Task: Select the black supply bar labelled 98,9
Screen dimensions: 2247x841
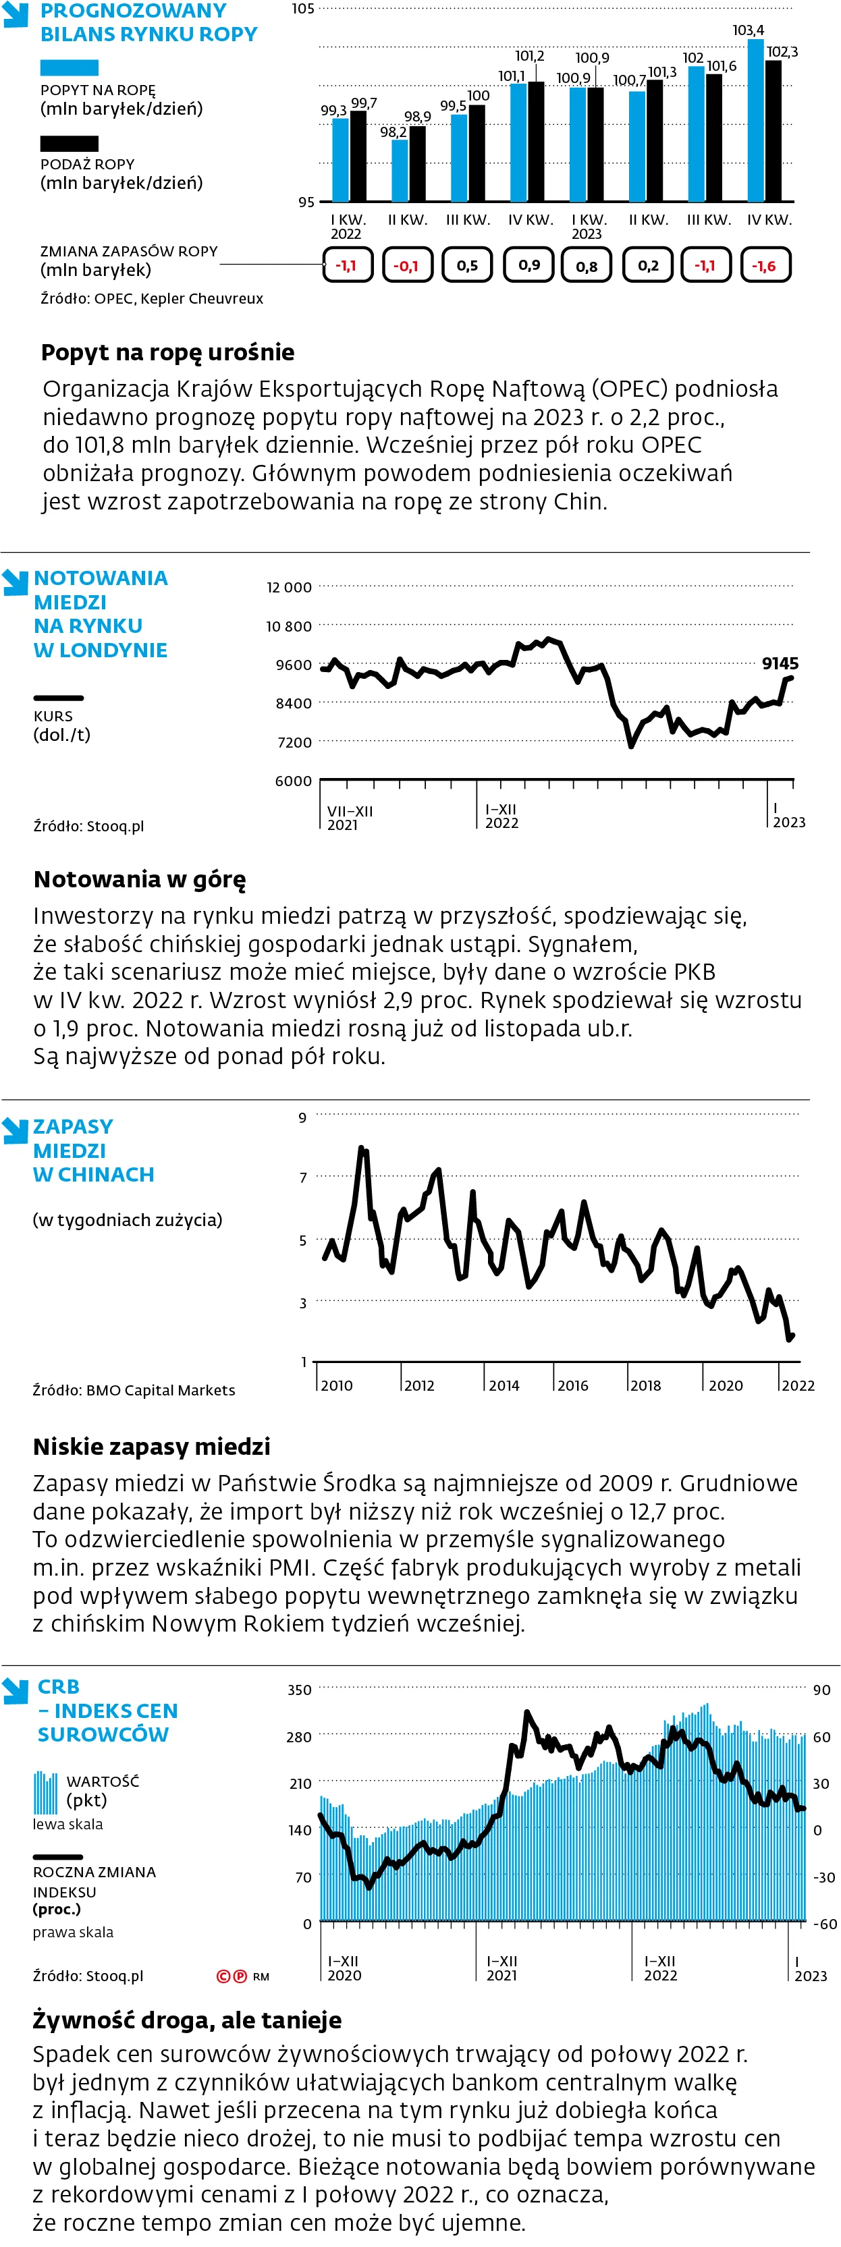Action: (x=418, y=164)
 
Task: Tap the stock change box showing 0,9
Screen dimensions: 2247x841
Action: (x=528, y=265)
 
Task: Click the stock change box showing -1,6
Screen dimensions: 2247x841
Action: (x=765, y=265)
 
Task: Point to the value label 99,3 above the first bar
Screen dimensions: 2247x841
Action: (x=333, y=111)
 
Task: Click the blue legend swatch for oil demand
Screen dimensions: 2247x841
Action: (x=69, y=68)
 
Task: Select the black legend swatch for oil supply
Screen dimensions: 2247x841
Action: (x=69, y=143)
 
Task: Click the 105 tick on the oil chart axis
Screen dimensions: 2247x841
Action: (x=303, y=9)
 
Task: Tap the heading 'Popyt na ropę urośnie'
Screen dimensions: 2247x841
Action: (x=167, y=352)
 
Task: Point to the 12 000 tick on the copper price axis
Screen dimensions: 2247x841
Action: (x=289, y=587)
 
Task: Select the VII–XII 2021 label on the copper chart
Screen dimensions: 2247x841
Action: (x=349, y=817)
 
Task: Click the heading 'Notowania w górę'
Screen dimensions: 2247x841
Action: (x=140, y=879)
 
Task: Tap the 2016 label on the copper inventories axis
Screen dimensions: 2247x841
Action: (x=572, y=1385)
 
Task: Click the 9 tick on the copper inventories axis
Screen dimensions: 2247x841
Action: (x=303, y=1117)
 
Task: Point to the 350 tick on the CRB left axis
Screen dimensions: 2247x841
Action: (x=299, y=1690)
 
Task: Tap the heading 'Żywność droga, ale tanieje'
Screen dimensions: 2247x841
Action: (x=187, y=2020)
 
